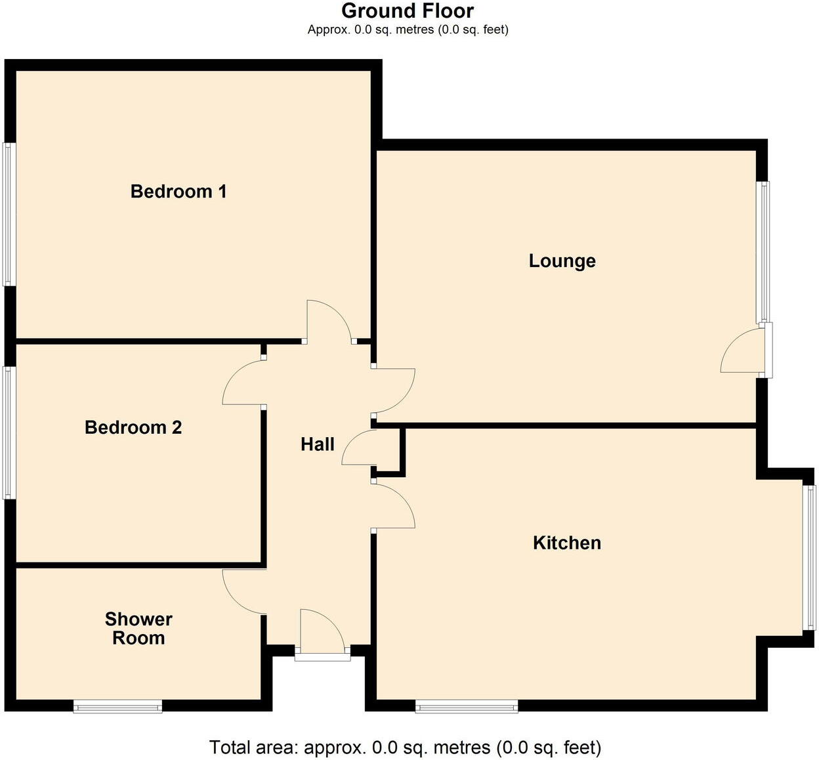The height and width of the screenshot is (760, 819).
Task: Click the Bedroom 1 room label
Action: pos(178,192)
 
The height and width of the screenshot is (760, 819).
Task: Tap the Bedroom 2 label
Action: pos(133,428)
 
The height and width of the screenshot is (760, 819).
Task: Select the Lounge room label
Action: pos(562,261)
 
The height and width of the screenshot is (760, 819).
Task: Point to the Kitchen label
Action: pos(567,543)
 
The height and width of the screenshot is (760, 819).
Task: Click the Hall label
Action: pos(318,445)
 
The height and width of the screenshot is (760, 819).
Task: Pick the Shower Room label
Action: pos(138,629)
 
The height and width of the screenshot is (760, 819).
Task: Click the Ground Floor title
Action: pos(408,11)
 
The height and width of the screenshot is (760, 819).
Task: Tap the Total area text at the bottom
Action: pos(405,748)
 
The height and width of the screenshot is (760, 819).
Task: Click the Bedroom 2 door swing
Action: pos(243,384)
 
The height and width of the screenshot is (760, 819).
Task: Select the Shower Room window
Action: pos(117,707)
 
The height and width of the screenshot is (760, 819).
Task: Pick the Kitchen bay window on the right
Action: pos(811,558)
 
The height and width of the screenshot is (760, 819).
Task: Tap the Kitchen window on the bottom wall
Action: pos(467,707)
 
